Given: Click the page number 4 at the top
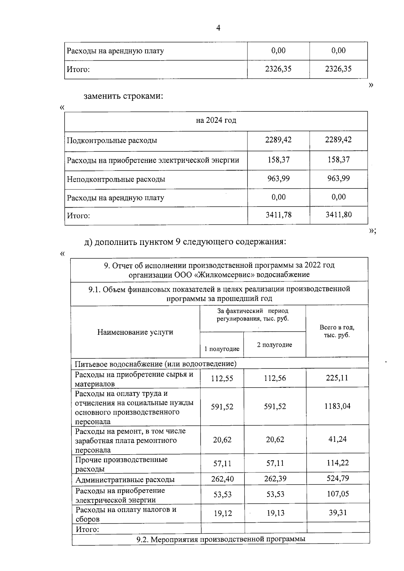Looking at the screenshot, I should point(218,28).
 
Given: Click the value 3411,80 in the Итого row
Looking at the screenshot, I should point(338,215).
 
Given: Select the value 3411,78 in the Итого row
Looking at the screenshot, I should point(278,215).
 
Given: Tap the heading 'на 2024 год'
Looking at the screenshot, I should point(216,120).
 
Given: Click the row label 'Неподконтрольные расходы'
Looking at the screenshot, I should point(116,179).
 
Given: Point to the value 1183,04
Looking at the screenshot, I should point(337,406).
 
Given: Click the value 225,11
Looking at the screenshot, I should point(337,378).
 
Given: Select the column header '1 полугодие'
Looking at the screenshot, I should point(222,349).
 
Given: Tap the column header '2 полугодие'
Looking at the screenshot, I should point(274,345).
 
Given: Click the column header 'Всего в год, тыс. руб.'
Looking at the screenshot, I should point(337,331).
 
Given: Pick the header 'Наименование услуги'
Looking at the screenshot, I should point(135,332).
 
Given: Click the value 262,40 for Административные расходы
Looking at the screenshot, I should point(222,479).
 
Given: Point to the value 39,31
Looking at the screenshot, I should point(338,513).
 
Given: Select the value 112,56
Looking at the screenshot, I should point(275,378).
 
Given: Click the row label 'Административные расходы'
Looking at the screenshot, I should point(125,480).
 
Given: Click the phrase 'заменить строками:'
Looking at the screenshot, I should point(123,96).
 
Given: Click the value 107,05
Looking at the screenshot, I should point(338,494).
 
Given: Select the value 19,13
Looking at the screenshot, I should point(275,513).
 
